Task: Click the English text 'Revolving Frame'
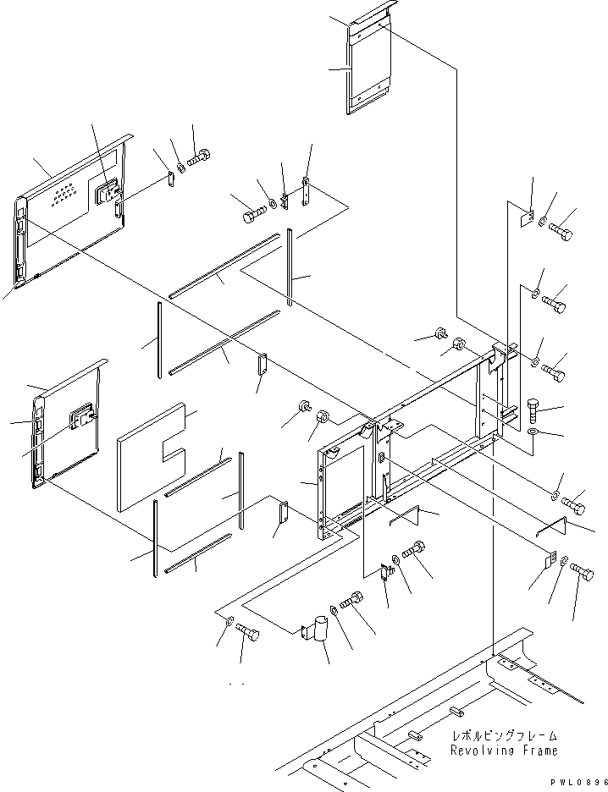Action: click(x=504, y=750)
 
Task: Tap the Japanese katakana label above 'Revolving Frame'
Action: click(x=504, y=736)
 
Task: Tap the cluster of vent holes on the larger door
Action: click(x=65, y=197)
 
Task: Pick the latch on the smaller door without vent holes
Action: click(x=82, y=417)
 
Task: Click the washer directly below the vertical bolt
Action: click(x=533, y=432)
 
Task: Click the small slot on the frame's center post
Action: click(x=382, y=459)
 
